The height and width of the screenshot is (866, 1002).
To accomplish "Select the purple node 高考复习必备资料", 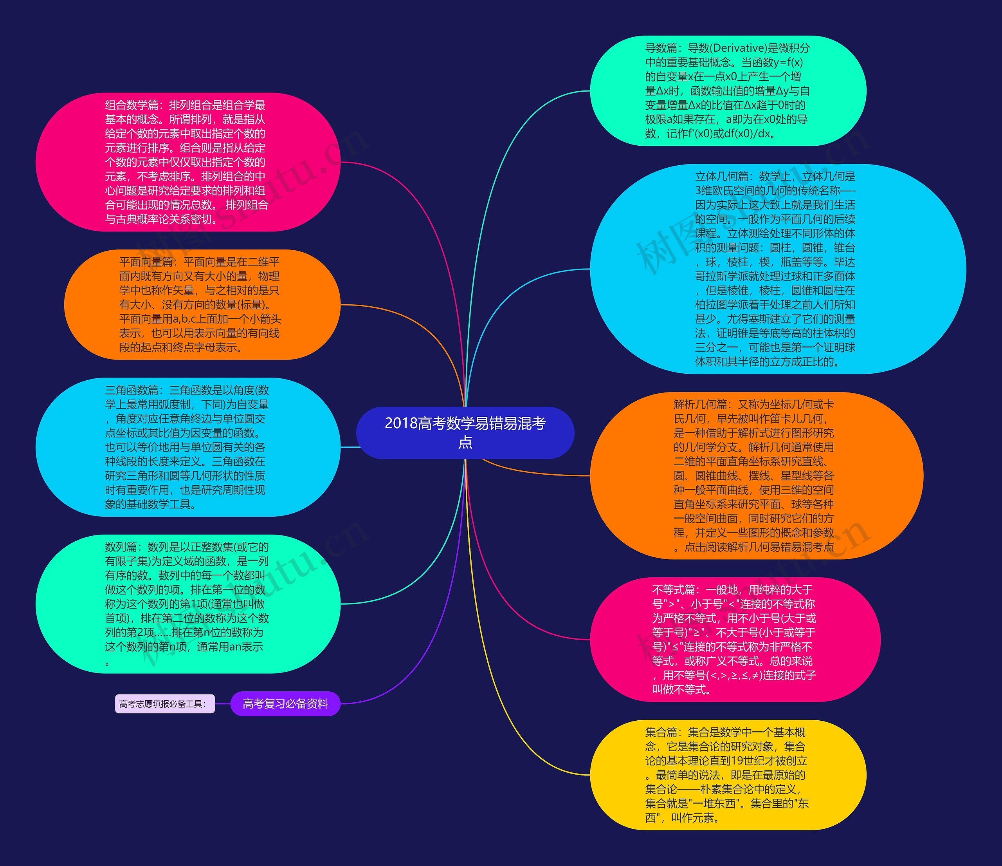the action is [285, 703].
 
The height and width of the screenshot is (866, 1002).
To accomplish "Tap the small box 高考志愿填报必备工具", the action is [164, 704].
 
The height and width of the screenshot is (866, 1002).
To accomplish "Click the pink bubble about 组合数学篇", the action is [187, 162].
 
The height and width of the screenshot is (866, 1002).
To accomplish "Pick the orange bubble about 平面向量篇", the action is [202, 305].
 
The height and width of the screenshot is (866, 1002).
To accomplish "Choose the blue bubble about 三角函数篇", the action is [187, 447].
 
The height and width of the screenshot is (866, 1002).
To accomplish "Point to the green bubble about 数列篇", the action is [187, 604].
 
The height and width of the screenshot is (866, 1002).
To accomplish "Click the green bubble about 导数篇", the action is [728, 91].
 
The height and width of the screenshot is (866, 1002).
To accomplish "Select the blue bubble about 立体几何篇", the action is [778, 269].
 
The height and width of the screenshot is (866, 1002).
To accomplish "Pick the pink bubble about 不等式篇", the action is [735, 640].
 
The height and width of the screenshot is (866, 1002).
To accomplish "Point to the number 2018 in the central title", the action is [401, 423].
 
